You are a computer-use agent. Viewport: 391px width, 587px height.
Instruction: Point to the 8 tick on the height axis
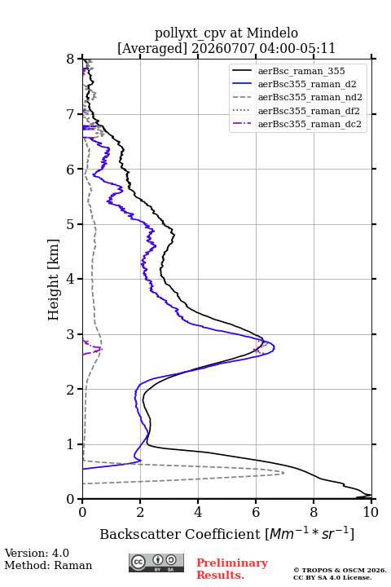click(x=71, y=60)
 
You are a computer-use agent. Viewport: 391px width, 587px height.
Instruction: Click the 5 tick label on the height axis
click(x=71, y=224)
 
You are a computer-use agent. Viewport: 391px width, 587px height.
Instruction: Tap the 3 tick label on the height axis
click(x=71, y=334)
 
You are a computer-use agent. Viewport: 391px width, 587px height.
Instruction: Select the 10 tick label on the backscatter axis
click(x=371, y=512)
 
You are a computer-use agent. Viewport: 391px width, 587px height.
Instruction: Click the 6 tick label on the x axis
click(x=256, y=512)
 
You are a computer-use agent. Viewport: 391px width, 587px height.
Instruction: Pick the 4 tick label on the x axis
click(x=198, y=512)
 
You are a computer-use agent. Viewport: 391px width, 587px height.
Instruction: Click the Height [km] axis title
click(x=54, y=280)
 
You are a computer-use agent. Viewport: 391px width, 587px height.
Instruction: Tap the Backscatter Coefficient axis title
click(x=226, y=533)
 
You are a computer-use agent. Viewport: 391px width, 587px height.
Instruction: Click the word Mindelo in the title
click(x=272, y=33)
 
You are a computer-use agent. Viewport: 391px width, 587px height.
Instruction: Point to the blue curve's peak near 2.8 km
click(x=275, y=348)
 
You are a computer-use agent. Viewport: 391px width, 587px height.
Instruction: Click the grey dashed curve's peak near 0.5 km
click(x=283, y=473)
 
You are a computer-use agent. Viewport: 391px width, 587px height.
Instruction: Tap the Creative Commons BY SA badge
click(x=156, y=563)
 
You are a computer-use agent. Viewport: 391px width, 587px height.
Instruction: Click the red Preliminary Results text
click(x=232, y=569)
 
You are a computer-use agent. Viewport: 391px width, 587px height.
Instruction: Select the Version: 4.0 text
click(x=37, y=553)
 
